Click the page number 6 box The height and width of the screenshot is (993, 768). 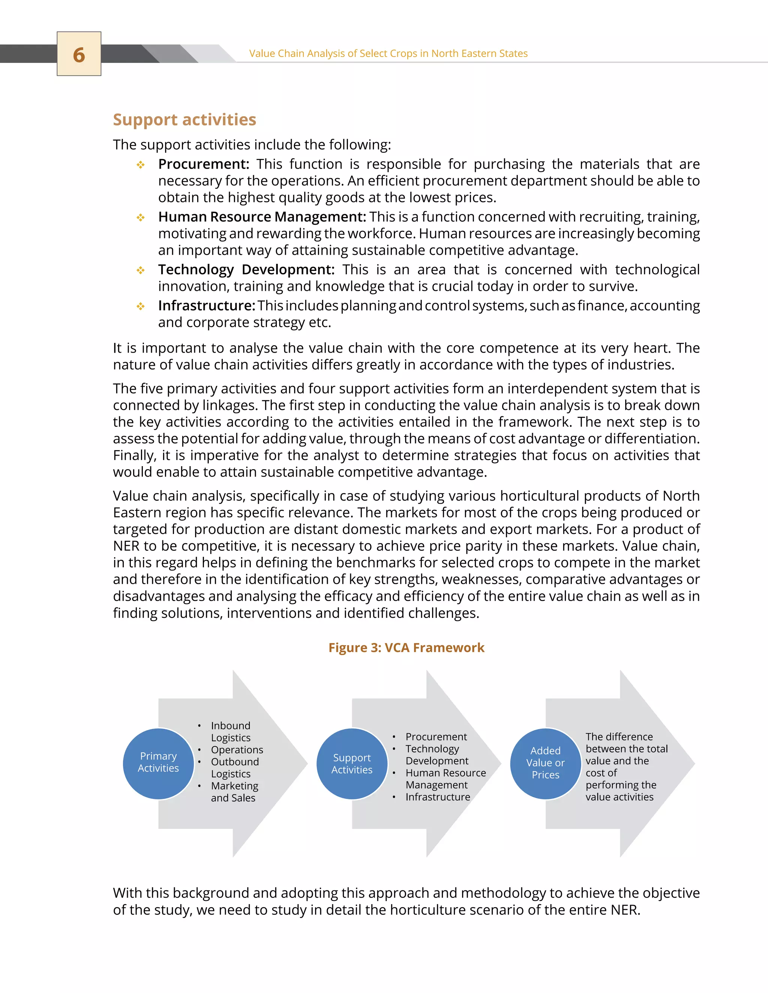pos(79,54)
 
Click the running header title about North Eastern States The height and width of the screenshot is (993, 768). pos(388,54)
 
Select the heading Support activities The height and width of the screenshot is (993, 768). pos(184,120)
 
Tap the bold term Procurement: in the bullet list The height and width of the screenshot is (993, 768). pos(203,164)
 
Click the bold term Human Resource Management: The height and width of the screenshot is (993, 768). pos(262,217)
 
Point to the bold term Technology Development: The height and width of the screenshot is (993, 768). pos(246,270)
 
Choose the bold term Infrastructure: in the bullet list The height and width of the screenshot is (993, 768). pos(207,305)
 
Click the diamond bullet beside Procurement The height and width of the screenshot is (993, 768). pos(141,165)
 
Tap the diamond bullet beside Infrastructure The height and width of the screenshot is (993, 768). pos(141,307)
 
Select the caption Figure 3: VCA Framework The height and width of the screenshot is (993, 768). pos(406,648)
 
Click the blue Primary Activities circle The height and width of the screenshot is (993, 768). pos(158,762)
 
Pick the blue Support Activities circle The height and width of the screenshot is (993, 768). pos(352,764)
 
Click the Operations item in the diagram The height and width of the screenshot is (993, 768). pos(237,750)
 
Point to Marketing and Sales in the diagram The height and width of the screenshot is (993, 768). pos(234,791)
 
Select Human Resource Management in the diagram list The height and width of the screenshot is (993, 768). pos(445,779)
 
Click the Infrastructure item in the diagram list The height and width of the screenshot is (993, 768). pos(438,797)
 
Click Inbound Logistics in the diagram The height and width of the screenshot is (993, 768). pos(231,731)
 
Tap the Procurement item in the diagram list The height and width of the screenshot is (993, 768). pos(436,737)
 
